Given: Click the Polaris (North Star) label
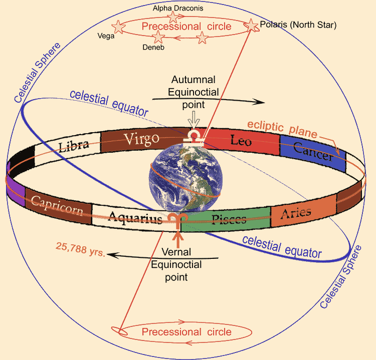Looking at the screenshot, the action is tap(298, 25).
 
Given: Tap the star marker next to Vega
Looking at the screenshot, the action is tap(118, 27).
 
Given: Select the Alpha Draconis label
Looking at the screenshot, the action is tap(178, 8).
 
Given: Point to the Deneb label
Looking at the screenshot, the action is tap(153, 47).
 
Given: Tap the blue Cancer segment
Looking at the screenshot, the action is tap(313, 153).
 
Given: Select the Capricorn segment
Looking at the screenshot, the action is tap(58, 206).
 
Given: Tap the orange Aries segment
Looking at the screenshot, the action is tap(303, 211).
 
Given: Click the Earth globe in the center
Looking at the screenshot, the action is tap(185, 178).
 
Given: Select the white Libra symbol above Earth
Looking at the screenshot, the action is tap(194, 137).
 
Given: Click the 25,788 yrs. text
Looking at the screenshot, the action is tap(81, 249).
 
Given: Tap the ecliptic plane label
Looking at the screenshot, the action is tap(282, 129).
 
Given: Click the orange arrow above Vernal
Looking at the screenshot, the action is tap(178, 239).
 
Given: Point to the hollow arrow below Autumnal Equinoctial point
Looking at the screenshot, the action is tap(194, 120).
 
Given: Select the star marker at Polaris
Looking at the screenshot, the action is tap(251, 26).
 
